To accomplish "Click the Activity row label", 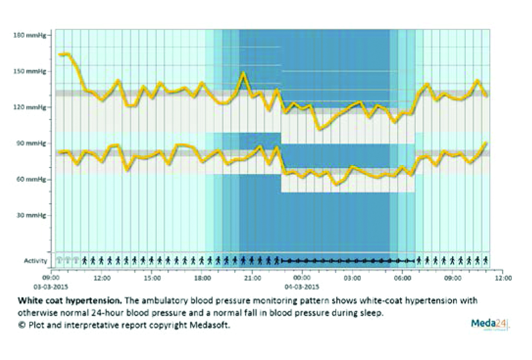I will (36, 261).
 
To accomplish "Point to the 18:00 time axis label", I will (202, 278).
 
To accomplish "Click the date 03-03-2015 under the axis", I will (52, 286).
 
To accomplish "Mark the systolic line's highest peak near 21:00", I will (243, 74).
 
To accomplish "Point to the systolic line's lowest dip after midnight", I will (319, 129).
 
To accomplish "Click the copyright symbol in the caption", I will (22, 325).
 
